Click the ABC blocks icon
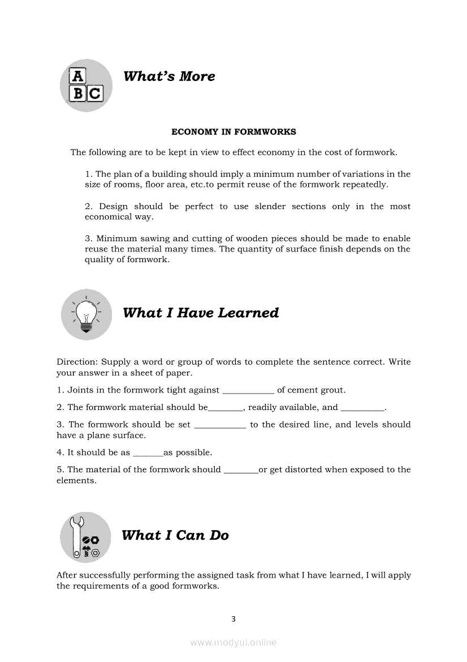(86, 85)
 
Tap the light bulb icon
(87, 314)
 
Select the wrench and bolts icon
(86, 537)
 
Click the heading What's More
(169, 76)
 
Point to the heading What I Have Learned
(201, 313)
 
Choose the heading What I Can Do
(175, 535)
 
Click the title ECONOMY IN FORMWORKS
(233, 132)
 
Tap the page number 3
(233, 619)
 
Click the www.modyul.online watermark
(233, 642)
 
